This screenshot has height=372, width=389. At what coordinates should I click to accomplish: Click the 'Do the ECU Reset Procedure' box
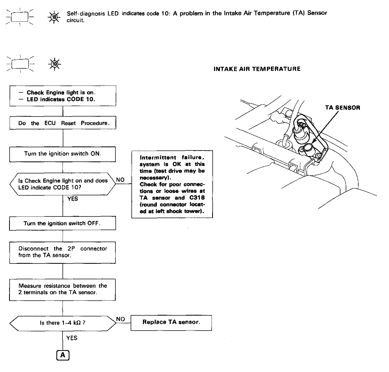tap(63, 123)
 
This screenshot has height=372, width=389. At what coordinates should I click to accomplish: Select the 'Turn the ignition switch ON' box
tap(63, 154)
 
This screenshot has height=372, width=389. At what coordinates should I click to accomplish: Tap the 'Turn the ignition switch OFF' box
tap(63, 223)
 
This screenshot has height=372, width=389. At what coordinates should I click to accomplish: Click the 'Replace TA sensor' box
tap(171, 323)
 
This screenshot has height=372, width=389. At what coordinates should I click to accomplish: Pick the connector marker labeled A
tap(63, 355)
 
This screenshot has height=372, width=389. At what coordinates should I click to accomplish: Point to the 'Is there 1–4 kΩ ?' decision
tap(63, 323)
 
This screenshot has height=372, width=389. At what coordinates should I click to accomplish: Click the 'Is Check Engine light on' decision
tap(63, 184)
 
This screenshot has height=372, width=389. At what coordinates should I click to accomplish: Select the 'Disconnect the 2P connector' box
tap(63, 252)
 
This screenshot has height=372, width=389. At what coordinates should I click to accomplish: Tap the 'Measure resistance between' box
tap(63, 289)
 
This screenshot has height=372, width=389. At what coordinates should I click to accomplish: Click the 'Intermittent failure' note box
tap(172, 184)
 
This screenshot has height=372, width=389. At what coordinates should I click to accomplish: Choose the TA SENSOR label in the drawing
tap(343, 108)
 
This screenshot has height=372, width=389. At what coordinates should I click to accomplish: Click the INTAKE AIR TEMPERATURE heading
tap(257, 69)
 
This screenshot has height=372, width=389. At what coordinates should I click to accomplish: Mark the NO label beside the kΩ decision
tap(120, 319)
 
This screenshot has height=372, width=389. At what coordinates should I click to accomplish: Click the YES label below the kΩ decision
tap(72, 338)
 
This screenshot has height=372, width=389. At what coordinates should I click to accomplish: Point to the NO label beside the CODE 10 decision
tap(120, 180)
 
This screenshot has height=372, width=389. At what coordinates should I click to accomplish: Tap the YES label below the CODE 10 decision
tap(73, 199)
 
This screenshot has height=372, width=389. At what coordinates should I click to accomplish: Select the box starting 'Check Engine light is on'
tap(63, 96)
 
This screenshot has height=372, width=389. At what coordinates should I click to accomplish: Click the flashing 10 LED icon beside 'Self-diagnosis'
tap(54, 17)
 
